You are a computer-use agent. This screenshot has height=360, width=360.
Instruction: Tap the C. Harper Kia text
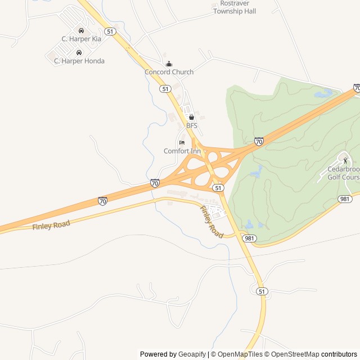81,39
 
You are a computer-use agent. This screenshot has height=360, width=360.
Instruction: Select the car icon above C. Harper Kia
82,30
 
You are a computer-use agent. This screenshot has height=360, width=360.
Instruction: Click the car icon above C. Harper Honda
78,52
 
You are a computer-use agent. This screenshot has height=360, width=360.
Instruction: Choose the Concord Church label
169,72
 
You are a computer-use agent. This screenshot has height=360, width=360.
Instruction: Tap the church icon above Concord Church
169,64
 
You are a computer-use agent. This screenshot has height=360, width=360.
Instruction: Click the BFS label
192,125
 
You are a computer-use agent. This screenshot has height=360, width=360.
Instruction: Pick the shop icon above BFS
191,117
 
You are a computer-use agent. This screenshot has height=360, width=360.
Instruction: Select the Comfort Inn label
182,151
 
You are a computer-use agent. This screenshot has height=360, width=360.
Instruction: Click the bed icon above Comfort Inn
182,142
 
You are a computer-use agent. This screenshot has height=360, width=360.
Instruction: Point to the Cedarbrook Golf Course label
343,173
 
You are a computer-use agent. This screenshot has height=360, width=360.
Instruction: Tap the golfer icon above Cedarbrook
345,161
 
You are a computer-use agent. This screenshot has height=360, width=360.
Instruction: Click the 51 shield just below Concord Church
165,89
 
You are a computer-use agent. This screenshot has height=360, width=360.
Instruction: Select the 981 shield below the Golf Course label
345,199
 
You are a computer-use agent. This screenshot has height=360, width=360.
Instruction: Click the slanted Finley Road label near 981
211,220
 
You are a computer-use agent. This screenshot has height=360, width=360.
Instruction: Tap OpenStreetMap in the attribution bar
294,354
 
